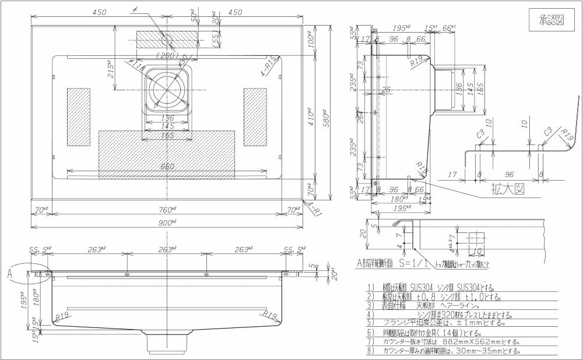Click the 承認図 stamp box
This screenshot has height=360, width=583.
click(x=551, y=21)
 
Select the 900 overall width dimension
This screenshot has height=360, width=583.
click(x=168, y=223)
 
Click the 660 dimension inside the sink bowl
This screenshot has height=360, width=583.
click(x=167, y=167)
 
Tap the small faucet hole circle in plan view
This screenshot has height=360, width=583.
click(x=167, y=40)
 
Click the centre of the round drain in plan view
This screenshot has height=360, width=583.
click(x=167, y=89)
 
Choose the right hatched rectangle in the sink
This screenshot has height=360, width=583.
click(x=255, y=117)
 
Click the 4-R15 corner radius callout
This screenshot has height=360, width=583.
click(x=271, y=67)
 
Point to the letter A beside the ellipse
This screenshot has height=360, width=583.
click(x=10, y=271)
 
